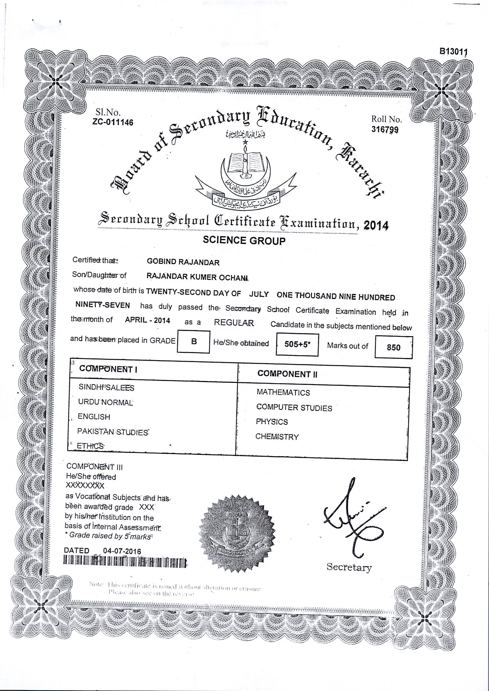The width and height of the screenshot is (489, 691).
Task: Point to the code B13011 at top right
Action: point(453,52)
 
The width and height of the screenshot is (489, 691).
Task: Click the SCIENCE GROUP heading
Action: point(244,240)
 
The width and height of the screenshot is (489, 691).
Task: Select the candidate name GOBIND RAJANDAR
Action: point(183,262)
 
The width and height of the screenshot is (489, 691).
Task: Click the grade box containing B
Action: point(194,341)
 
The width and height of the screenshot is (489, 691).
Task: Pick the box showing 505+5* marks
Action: point(297,345)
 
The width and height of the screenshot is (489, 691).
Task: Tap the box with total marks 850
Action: point(393,348)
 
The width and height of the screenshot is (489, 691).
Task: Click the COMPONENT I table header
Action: point(108,369)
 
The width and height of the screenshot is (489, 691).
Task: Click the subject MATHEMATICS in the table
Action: point(283,393)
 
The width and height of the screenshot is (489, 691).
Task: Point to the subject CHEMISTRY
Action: point(277,437)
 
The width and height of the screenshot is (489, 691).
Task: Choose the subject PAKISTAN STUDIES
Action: point(112,432)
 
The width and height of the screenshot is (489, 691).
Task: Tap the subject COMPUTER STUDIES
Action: point(294,408)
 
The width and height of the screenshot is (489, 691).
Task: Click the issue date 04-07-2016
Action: point(122,551)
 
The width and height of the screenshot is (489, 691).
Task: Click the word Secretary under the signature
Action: point(349,567)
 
